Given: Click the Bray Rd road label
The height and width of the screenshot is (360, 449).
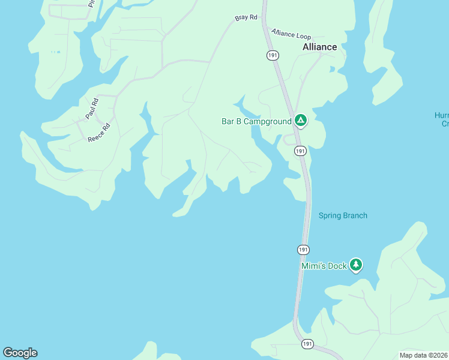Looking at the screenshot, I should point(246,18).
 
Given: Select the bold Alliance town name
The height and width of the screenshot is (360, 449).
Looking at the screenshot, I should point(319,47).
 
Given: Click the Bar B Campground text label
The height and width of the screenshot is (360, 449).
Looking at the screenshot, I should point(256,121).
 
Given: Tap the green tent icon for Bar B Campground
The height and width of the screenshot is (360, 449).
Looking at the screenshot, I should point(301,121).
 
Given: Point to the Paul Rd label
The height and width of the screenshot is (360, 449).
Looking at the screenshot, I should point(91,109).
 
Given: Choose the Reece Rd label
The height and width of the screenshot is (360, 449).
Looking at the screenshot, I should point(100,133).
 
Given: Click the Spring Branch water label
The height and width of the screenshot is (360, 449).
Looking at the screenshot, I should point(343,215).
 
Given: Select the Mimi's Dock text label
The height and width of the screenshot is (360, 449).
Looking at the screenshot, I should point(324,266).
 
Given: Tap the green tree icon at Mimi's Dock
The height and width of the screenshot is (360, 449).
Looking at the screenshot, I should point(356,265).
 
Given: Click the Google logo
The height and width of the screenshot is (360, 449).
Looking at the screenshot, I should point(20,353).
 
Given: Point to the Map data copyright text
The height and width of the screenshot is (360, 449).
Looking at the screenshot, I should point(424,355).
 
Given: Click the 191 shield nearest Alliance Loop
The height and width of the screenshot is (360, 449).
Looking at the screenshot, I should point(272,55).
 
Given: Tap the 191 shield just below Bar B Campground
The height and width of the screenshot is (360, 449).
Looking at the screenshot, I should point(301,151).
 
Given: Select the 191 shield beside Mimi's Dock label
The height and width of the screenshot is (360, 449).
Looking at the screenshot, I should point(304,249).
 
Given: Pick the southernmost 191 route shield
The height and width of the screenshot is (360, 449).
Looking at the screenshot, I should point(307,344).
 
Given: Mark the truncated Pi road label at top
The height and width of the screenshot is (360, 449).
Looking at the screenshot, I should point(92,3).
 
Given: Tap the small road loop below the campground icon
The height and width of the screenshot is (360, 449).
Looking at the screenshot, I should point(289,140).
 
